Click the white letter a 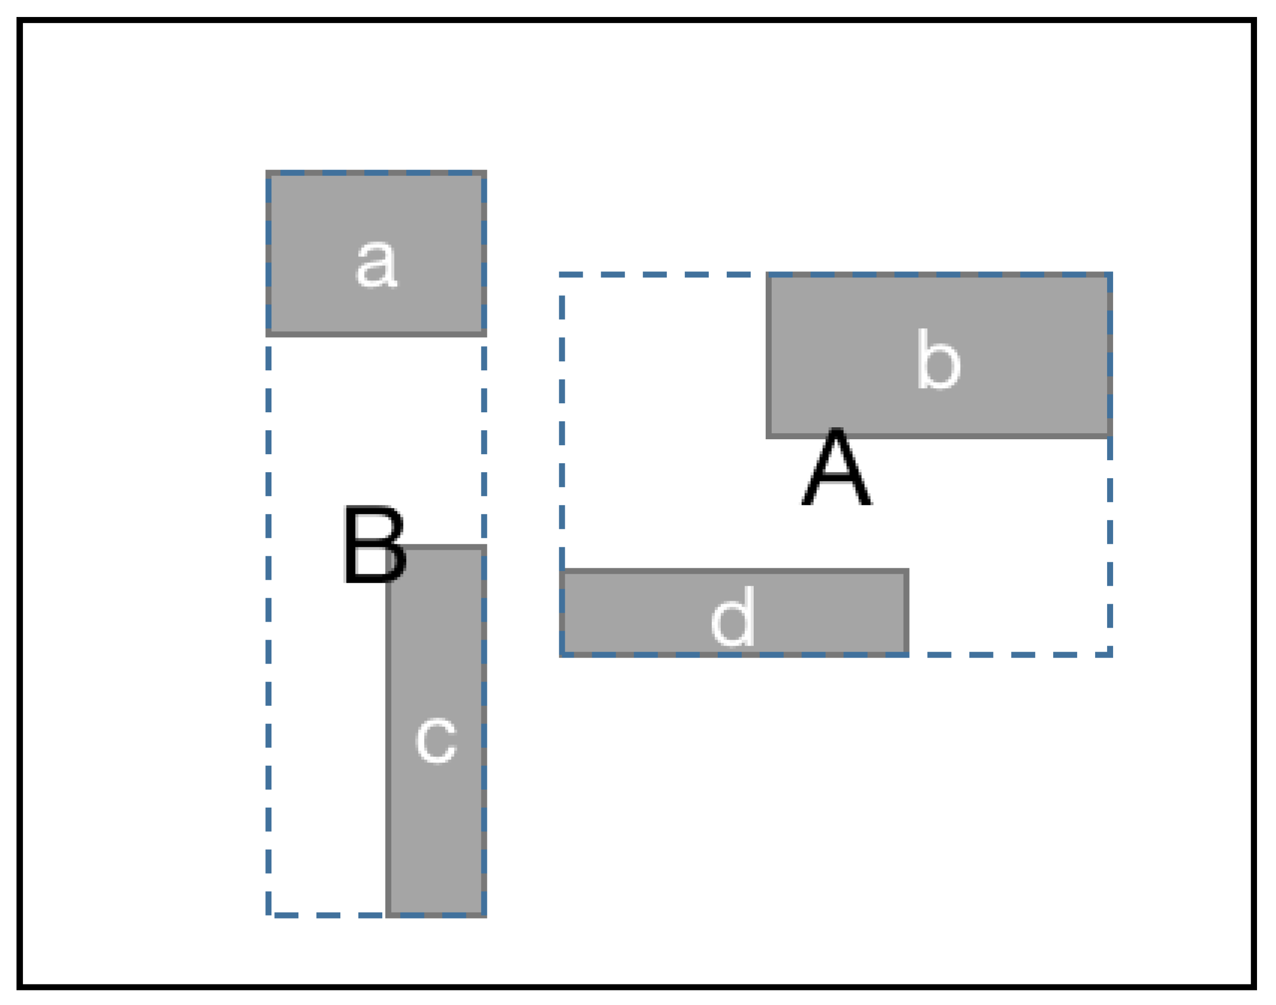pyautogui.click(x=377, y=265)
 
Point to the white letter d pyautogui.click(x=733, y=617)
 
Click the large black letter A pyautogui.click(x=836, y=467)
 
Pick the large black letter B pyautogui.click(x=374, y=545)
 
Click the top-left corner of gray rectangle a pyautogui.click(x=268, y=173)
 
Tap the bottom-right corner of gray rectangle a pyautogui.click(x=484, y=334)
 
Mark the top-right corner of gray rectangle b pyautogui.click(x=1110, y=275)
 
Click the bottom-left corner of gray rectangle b pyautogui.click(x=769, y=436)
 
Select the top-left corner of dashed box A pyautogui.click(x=562, y=275)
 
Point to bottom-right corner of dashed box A pyautogui.click(x=1110, y=654)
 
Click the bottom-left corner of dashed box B pyautogui.click(x=268, y=915)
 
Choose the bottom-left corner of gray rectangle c pyautogui.click(x=388, y=915)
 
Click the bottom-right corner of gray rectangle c pyautogui.click(x=484, y=915)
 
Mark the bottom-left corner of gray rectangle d pyautogui.click(x=562, y=654)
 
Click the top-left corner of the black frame pyautogui.click(x=20, y=20)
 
